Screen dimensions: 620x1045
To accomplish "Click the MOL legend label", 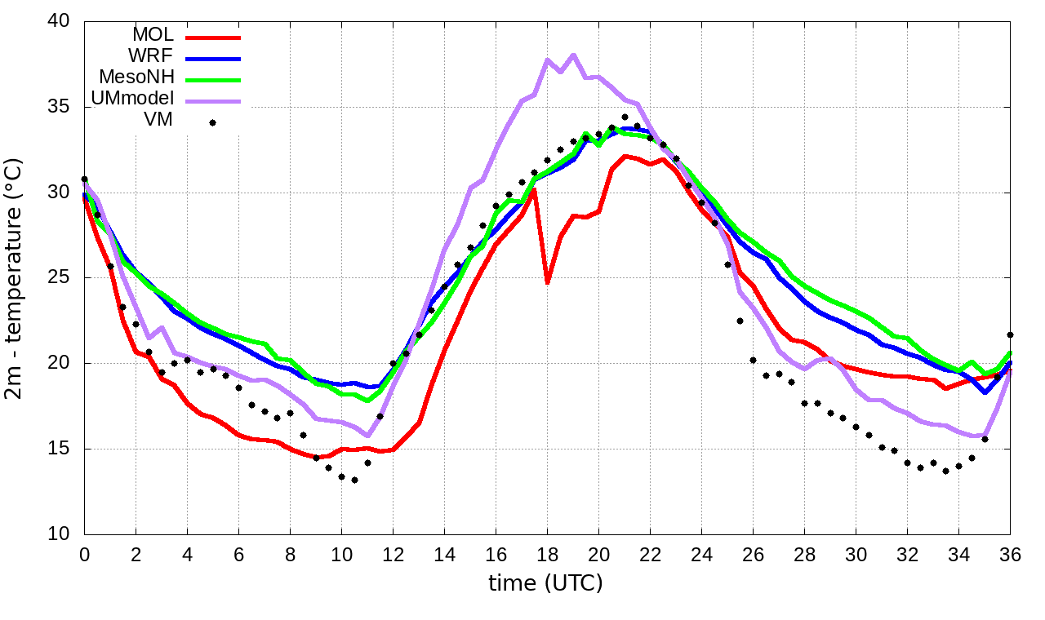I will tap(153, 35).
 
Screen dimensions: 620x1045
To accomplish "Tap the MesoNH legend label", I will tap(136, 77).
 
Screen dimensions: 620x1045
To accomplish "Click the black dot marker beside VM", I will tap(212, 122).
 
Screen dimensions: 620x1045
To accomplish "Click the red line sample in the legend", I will tap(213, 37).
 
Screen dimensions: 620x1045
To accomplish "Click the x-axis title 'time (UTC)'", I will tap(545, 583).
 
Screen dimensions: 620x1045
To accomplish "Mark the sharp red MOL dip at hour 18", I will tap(547, 282).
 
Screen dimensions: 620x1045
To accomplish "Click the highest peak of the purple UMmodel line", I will tap(573, 55).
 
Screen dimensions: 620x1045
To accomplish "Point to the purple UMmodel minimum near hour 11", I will tap(367, 436).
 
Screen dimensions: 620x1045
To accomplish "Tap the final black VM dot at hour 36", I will tap(1010, 334).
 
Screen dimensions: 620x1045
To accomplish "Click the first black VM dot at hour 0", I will tap(84, 179).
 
